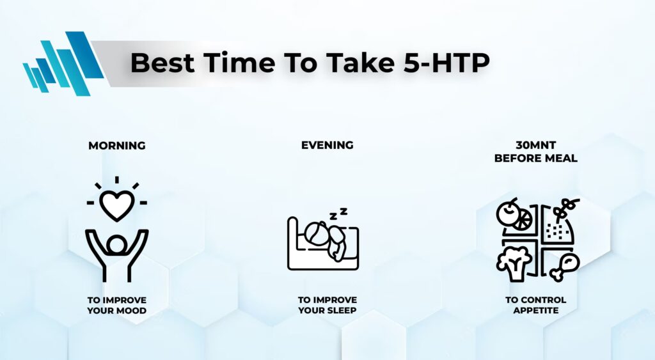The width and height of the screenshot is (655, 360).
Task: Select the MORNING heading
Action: coord(116,146)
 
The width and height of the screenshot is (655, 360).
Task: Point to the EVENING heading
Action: coord(327,145)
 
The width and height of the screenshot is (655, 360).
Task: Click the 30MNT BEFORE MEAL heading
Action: coord(535,152)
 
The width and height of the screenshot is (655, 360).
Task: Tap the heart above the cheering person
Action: coord(116,204)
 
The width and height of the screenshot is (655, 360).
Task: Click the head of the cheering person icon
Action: coord(116,244)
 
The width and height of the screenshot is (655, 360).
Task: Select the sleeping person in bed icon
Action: coord(323,242)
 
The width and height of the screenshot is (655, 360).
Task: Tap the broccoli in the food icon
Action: coord(513,262)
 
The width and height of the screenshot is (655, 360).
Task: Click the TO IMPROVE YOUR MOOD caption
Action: coord(116,306)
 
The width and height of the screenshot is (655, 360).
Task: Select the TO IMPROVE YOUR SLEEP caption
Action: coord(327,306)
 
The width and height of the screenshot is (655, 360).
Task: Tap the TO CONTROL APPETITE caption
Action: coord(535,306)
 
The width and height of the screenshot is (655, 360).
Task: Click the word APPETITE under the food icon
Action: coord(535,311)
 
